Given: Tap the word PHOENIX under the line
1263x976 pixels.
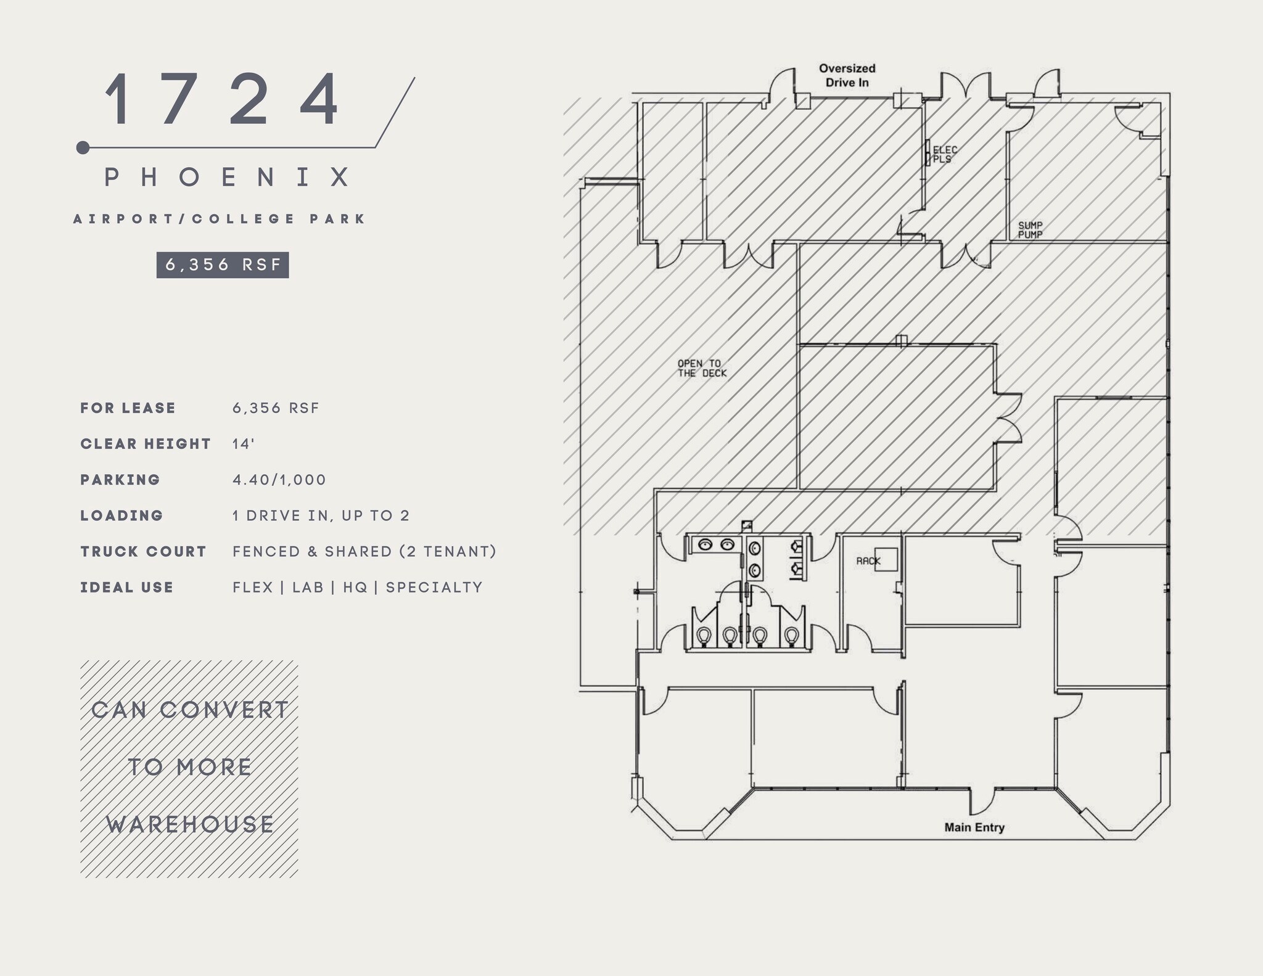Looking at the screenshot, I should (228, 178).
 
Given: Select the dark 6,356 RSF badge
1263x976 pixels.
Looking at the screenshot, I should (223, 265).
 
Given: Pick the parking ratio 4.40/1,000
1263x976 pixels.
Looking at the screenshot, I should (279, 480).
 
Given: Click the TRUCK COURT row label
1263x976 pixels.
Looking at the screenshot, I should (143, 551).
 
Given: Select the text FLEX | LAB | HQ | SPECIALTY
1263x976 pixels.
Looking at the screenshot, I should (358, 587).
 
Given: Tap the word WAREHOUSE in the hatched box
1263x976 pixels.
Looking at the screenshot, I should (190, 824).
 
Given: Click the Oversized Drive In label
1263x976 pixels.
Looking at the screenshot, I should (847, 75).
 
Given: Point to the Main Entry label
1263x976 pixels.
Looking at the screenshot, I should (974, 827).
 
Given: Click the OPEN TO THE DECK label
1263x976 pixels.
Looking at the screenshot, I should (702, 368).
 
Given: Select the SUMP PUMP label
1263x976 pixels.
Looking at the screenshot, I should (1030, 230).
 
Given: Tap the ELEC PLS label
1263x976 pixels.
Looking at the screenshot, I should (945, 154).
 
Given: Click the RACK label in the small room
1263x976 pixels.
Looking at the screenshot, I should (868, 561).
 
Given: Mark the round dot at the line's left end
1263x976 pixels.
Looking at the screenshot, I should (83, 147).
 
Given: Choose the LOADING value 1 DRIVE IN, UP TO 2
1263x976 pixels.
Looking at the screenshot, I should (321, 515).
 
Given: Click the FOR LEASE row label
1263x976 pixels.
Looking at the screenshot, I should (128, 408).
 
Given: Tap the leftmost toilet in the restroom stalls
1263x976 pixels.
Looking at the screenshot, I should (704, 635).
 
